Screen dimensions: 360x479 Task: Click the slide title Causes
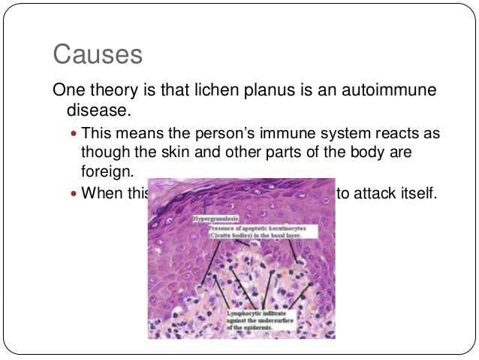[97, 55]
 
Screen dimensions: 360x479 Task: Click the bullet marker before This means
[73, 135]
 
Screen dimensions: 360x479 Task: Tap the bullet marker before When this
[73, 192]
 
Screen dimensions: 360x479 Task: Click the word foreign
[107, 172]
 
